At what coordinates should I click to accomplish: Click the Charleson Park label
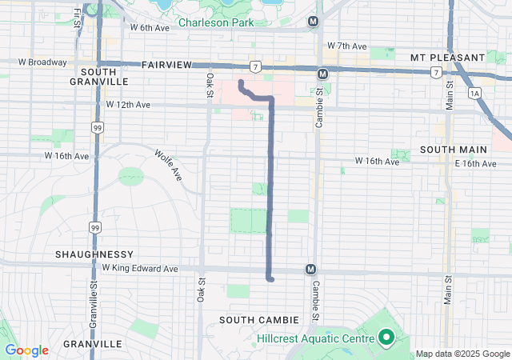(215, 22)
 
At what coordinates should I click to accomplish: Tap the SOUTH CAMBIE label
(258, 320)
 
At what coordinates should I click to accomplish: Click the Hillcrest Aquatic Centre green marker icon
(386, 338)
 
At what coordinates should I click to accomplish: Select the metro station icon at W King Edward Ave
(310, 270)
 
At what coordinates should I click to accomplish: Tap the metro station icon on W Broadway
(322, 74)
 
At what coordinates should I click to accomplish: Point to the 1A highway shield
(475, 94)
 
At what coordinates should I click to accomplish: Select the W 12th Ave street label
(128, 105)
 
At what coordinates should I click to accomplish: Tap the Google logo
(26, 350)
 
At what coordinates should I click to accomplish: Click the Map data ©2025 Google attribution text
(462, 354)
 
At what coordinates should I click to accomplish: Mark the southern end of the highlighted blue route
(271, 279)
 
